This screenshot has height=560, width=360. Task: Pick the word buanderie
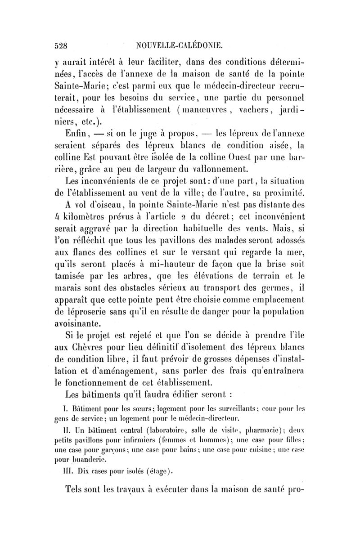pyautogui.click(x=86, y=460)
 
